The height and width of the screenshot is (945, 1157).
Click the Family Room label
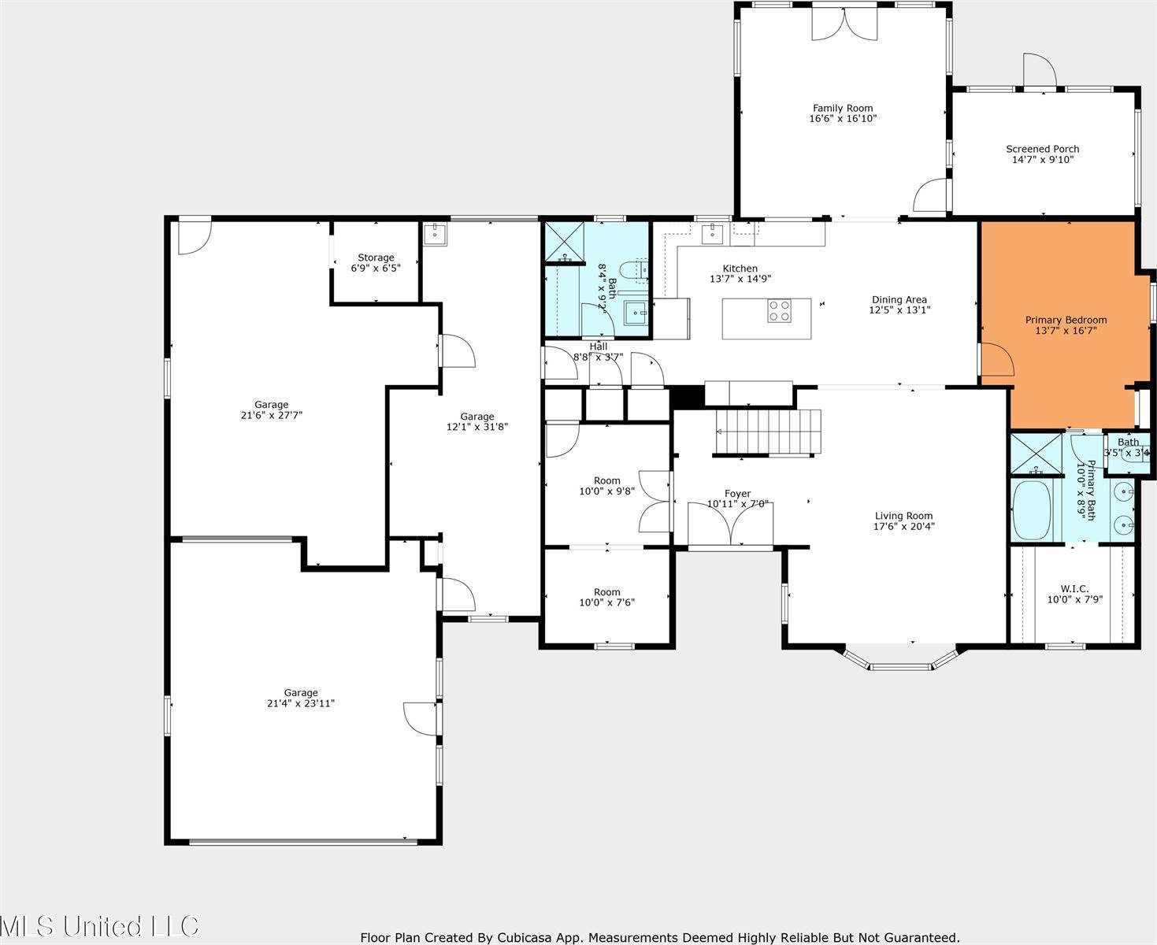click(842, 109)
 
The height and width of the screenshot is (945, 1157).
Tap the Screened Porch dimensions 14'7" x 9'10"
click(1042, 160)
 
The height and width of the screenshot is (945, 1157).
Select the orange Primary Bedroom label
click(1066, 320)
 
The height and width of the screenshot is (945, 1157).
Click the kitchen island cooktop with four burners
click(779, 310)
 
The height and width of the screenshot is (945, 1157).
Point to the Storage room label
click(376, 258)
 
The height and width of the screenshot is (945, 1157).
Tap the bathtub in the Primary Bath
click(1035, 511)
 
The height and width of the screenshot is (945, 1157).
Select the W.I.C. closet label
click(1074, 588)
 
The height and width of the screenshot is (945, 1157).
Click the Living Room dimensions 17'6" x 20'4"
click(904, 527)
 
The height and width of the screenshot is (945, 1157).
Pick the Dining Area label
click(899, 299)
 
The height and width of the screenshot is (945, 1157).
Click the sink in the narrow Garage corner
click(435, 234)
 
